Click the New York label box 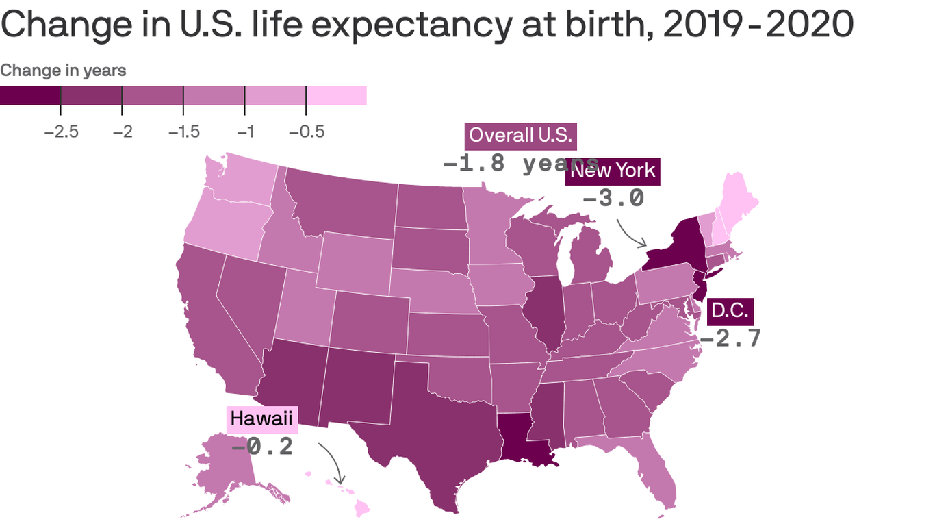[x=613, y=171]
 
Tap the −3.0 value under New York [x=613, y=198]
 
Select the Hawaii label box [x=261, y=418]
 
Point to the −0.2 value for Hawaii [x=262, y=447]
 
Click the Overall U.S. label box [x=520, y=136]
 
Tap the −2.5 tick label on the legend [x=61, y=131]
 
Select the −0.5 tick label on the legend [x=306, y=131]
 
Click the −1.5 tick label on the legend [x=183, y=131]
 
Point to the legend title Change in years [x=63, y=71]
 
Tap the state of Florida [x=657, y=479]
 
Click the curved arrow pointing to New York [x=630, y=234]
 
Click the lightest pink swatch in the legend [x=336, y=96]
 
